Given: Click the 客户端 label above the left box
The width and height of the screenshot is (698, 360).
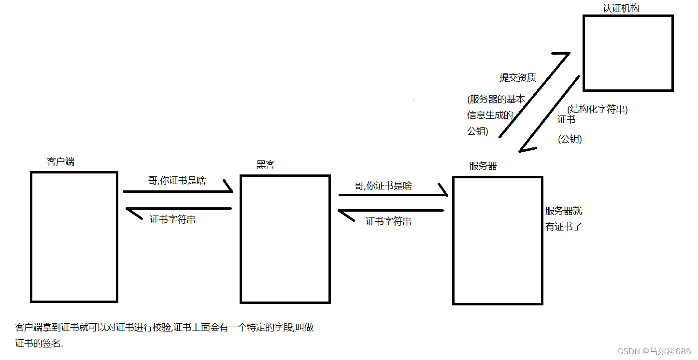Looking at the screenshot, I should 60,161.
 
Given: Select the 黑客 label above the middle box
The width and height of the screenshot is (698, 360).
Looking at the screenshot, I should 265,164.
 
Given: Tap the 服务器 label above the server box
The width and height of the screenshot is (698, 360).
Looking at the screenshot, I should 483,166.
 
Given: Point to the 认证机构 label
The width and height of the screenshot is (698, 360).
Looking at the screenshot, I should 621,8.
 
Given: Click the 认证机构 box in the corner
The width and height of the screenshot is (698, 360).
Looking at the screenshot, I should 627,53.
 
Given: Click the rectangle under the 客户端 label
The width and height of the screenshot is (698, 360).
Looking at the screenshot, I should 74,237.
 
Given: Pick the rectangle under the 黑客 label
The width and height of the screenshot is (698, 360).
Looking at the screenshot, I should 285,239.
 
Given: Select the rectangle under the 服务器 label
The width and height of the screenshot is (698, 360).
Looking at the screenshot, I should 498,241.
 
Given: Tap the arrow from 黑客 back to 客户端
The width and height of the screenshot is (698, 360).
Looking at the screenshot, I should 179,209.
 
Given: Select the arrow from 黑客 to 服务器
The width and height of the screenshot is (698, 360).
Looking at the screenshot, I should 393,195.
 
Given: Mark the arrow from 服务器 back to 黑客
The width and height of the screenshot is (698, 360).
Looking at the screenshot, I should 391,211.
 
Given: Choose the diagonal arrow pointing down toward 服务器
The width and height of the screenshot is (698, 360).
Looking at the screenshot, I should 550,114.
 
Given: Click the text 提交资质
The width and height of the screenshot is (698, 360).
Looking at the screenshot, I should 517,77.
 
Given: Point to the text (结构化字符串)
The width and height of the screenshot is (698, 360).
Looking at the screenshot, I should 598,109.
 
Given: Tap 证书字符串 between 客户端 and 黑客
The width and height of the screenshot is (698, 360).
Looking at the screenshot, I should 172,219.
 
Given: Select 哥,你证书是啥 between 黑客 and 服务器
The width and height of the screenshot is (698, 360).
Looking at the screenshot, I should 383,186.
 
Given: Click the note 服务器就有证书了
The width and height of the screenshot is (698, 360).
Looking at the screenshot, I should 564,218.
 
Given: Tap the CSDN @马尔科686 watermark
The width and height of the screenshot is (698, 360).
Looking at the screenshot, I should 654,351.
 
